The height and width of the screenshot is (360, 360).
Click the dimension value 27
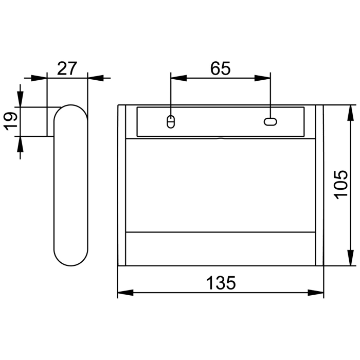coord(67,68)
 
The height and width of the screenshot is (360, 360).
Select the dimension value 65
coord(220,69)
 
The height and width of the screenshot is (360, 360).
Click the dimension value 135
coord(221,283)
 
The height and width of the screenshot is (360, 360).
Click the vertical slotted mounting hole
coord(171,122)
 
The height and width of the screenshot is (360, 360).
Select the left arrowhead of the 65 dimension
coord(177,79)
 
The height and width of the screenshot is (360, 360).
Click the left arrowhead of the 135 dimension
coord(125,293)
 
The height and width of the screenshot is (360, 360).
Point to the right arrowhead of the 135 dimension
coord(316,293)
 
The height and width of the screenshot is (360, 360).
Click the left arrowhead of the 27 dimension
coord(39,79)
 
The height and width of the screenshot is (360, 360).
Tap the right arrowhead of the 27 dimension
coord(95,79)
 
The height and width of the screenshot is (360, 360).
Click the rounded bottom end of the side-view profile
coord(70,260)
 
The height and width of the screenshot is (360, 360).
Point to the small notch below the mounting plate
coord(220,138)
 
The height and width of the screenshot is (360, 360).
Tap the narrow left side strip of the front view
coord(122,185)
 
